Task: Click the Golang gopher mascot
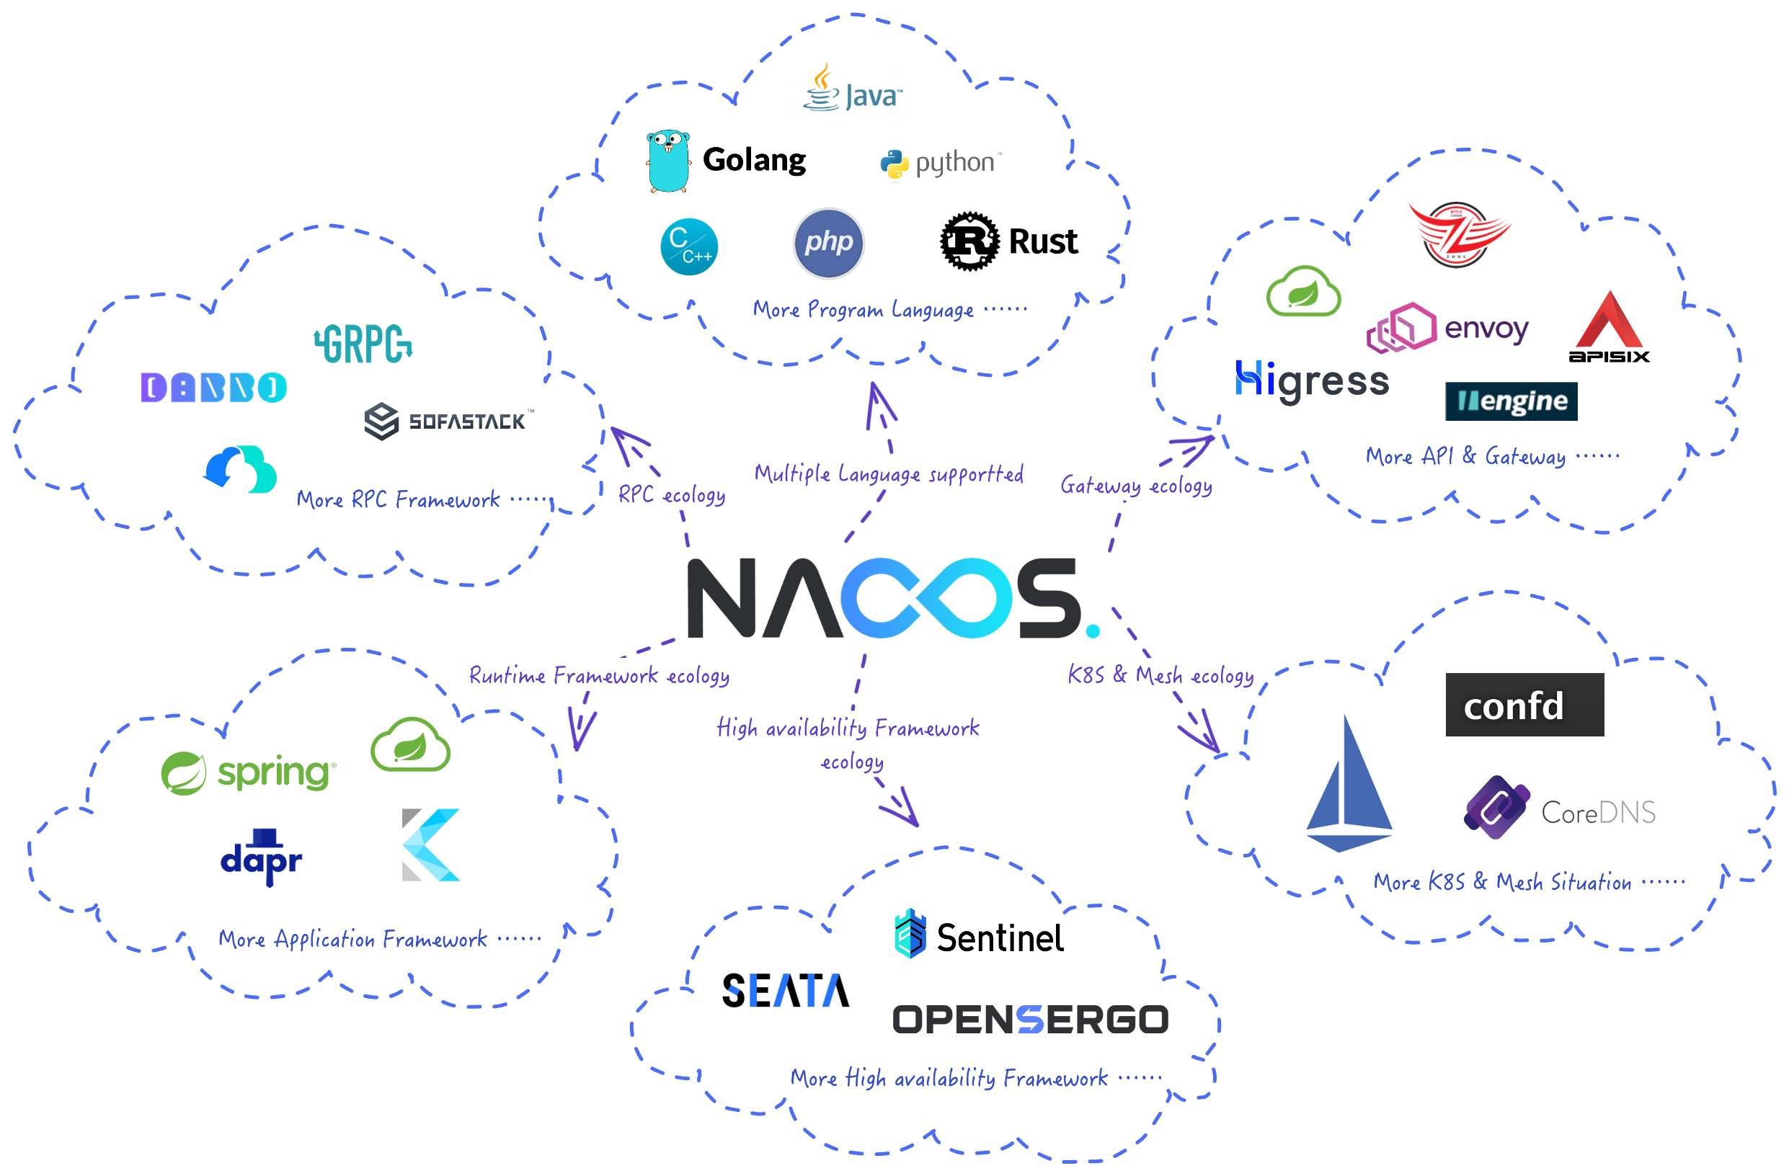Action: coord(667,161)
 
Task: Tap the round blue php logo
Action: coord(828,243)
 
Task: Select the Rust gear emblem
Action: coord(969,241)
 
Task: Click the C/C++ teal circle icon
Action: coord(688,246)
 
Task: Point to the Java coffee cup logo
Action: coord(822,89)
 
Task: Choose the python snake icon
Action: coord(894,164)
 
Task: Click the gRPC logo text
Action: coord(363,344)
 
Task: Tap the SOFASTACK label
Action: coord(466,422)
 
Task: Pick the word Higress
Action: coord(1312,381)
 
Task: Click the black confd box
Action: coord(1524,705)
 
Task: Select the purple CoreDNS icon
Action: coord(1496,807)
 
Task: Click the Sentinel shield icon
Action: coord(910,933)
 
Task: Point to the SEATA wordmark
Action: coord(786,989)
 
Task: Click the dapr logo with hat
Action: coord(261,857)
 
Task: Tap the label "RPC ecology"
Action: coord(671,494)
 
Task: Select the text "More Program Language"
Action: coord(862,310)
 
